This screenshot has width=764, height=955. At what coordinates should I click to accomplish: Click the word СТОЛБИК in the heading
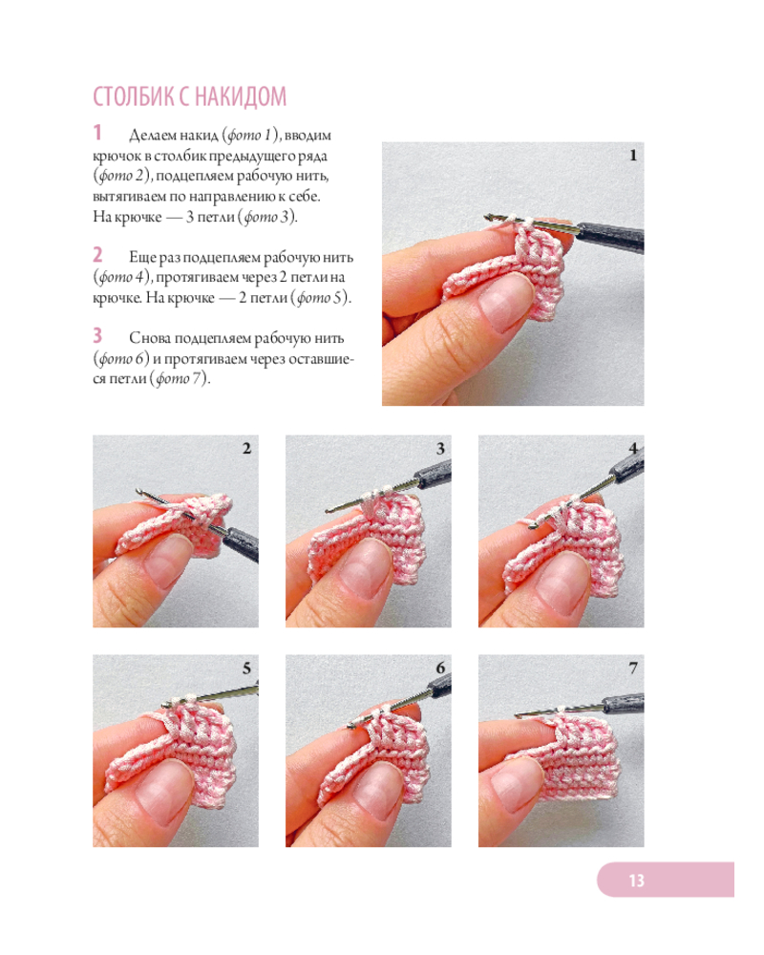pyautogui.click(x=134, y=96)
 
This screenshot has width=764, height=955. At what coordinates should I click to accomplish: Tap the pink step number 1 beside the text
pyautogui.click(x=97, y=133)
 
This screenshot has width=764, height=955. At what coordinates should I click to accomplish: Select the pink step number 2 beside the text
pyautogui.click(x=97, y=255)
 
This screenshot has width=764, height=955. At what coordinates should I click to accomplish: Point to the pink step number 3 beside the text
pyautogui.click(x=97, y=335)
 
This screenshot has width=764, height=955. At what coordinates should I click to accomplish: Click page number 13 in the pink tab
pyautogui.click(x=636, y=881)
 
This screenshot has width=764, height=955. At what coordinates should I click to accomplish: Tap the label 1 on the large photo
pyautogui.click(x=633, y=156)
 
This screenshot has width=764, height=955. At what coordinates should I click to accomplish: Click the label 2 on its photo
pyautogui.click(x=246, y=449)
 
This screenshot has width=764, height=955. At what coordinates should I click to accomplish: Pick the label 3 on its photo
pyautogui.click(x=440, y=449)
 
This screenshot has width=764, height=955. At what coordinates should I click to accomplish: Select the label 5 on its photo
pyautogui.click(x=246, y=668)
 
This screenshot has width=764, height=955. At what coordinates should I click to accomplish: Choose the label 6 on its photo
pyautogui.click(x=440, y=668)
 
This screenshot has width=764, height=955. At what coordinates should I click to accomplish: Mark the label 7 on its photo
pyautogui.click(x=633, y=668)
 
